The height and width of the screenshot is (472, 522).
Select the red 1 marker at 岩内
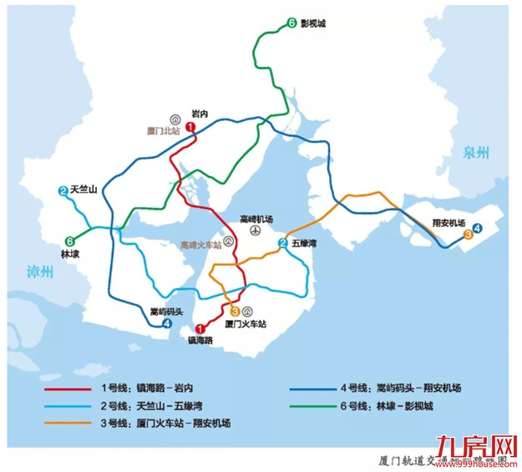pos(191,127)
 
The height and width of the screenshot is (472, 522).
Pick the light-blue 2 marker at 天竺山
pos(63,191)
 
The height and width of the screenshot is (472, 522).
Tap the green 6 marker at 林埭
pos(69,240)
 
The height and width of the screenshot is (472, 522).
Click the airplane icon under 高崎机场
pos(252,230)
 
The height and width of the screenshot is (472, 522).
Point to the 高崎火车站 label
pos(201,245)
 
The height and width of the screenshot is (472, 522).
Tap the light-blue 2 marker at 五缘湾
pos(284,244)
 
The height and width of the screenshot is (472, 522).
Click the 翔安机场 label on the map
pos(449,223)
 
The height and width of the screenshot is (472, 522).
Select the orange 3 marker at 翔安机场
pos(468,235)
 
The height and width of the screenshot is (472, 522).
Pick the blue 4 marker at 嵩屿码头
pos(166,323)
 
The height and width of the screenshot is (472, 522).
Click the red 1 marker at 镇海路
pos(200,329)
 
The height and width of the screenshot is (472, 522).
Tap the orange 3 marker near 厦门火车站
pos(235,311)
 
